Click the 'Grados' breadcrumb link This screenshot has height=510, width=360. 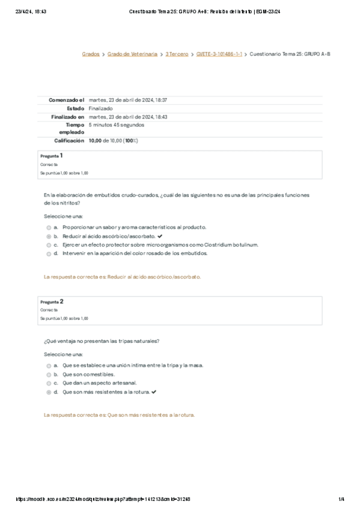91,54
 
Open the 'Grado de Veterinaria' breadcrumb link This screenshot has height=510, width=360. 132,54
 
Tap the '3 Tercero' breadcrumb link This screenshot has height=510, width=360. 177,54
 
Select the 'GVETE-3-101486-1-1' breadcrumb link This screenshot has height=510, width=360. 219,54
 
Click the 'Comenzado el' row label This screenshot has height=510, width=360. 66,100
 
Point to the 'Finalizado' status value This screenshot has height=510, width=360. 100,108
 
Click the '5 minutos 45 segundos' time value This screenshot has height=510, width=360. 116,125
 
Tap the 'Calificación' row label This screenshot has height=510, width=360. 69,141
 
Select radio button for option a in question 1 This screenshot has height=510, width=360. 48,228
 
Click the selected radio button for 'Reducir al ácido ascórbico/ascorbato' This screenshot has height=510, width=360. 48,236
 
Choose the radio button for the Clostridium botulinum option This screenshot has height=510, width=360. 48,245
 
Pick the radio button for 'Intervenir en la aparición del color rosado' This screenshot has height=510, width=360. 48,254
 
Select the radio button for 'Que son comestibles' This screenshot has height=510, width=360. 48,374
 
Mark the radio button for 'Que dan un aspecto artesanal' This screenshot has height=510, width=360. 48,382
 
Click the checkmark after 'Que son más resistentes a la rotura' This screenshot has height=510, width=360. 154,392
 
